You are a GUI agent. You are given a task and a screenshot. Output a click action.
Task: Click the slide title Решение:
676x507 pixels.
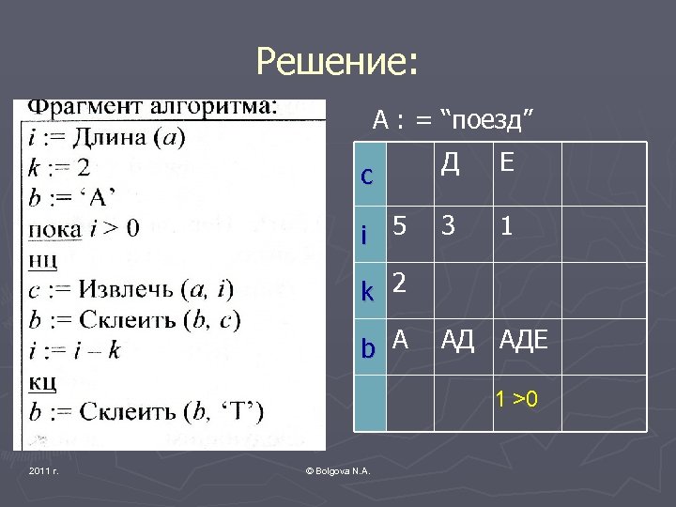click(x=338, y=63)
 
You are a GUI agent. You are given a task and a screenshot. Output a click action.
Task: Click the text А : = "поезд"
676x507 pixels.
click(x=453, y=120)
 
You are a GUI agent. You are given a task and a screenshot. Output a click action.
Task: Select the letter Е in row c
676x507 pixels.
click(x=507, y=163)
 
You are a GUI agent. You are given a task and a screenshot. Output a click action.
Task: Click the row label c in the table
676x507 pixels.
click(x=367, y=176)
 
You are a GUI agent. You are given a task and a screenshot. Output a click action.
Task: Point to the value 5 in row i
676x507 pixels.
click(x=401, y=226)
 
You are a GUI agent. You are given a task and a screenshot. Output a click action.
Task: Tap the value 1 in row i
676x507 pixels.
click(x=506, y=226)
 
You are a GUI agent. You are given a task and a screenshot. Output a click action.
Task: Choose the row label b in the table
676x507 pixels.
click(x=369, y=349)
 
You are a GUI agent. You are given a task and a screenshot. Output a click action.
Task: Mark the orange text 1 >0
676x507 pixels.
click(x=516, y=400)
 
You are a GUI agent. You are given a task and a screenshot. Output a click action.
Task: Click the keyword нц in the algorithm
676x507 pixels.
click(x=43, y=256)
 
